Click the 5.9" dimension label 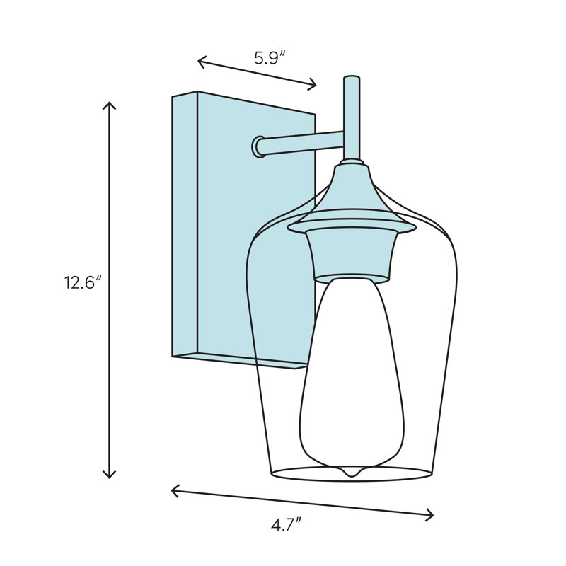(x=270, y=58)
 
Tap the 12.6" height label (x=83, y=283)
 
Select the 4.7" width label (x=286, y=524)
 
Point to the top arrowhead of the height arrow (x=109, y=104)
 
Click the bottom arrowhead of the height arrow (x=109, y=476)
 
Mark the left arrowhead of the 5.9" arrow (x=200, y=62)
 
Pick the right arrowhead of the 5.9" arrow (x=314, y=86)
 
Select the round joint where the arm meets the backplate (x=259, y=147)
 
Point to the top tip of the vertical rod (x=351, y=79)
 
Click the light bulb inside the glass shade (x=352, y=375)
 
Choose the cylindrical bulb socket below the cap (x=351, y=255)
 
